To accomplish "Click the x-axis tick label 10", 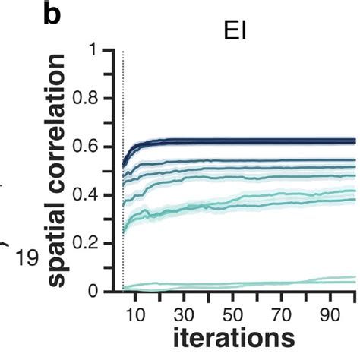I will click(x=134, y=312).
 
